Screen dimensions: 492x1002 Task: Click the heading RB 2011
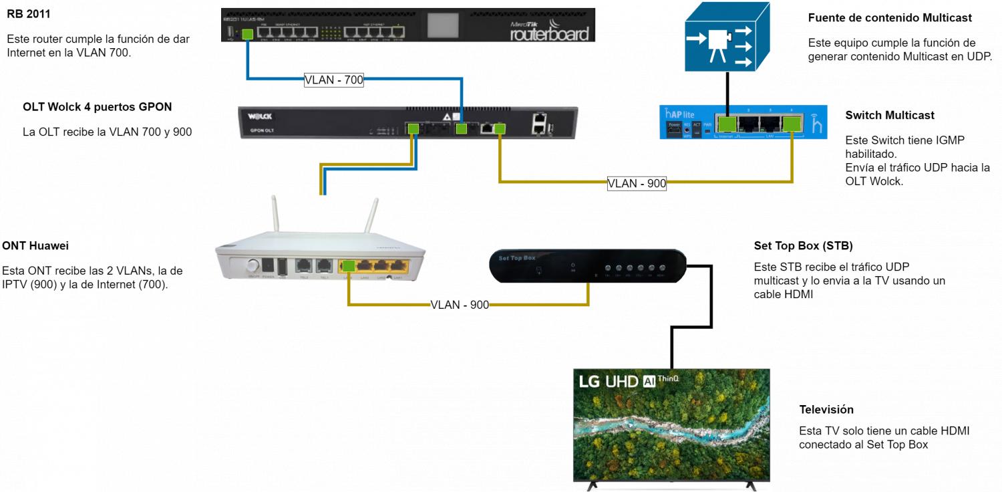(28, 13)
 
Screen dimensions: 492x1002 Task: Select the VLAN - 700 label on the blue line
(334, 80)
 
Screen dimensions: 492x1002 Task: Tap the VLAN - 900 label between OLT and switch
(637, 183)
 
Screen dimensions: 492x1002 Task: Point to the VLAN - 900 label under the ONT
(460, 305)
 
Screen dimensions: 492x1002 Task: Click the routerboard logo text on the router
(550, 33)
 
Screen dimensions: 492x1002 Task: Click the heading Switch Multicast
(890, 115)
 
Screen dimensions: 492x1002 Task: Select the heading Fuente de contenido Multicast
(890, 18)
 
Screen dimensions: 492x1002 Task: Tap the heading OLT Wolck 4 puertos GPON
(97, 107)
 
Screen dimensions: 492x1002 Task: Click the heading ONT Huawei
(35, 246)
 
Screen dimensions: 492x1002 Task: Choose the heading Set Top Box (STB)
(803, 246)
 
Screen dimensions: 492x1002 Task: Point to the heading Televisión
(826, 409)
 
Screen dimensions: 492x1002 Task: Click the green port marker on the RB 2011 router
(247, 34)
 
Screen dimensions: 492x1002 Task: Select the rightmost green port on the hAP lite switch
(792, 124)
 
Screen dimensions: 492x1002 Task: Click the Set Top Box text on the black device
(517, 257)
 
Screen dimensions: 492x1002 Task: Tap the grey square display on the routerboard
(444, 25)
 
